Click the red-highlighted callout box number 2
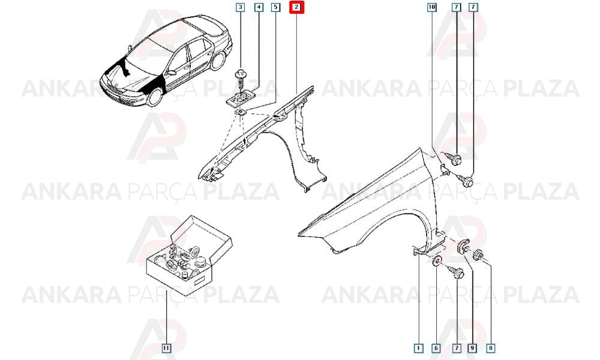click(296, 7)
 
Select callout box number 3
click(241, 7)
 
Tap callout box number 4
click(259, 7)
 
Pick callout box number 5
click(276, 7)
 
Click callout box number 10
click(431, 7)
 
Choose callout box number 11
click(166, 348)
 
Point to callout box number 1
click(419, 348)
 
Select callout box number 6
click(436, 348)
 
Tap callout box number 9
click(472, 348)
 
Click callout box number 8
click(491, 348)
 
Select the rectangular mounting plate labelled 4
click(240, 99)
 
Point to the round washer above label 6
click(437, 262)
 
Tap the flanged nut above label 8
click(478, 255)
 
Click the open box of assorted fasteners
click(189, 255)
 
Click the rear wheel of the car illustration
click(218, 61)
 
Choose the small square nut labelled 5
click(241, 112)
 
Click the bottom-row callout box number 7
click(456, 348)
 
